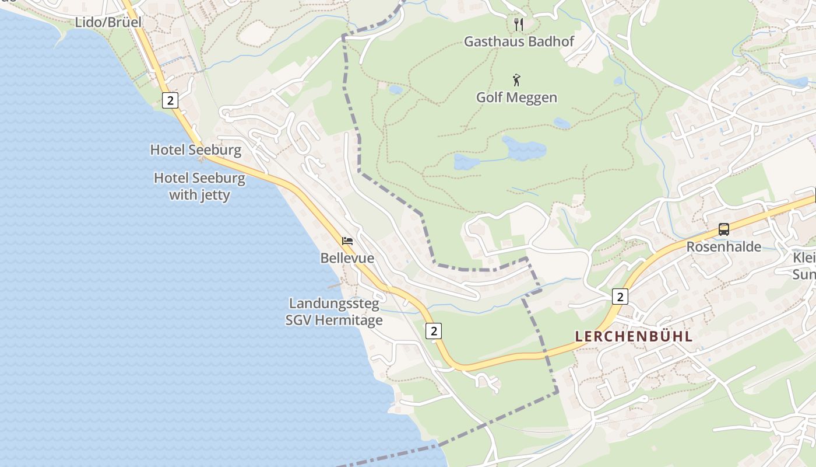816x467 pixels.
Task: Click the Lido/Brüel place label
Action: (108, 23)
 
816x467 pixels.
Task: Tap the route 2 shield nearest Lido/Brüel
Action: (170, 100)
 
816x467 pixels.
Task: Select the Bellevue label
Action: (347, 257)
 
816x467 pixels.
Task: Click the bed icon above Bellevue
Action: (347, 241)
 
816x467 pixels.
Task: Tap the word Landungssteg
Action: (334, 304)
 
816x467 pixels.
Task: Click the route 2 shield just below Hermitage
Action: (433, 331)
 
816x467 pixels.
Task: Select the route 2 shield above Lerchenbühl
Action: (620, 297)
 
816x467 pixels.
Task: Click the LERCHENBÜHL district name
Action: (634, 336)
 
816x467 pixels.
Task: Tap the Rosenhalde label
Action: (723, 246)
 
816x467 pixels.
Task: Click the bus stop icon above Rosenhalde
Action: (723, 229)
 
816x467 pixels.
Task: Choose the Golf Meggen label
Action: (516, 97)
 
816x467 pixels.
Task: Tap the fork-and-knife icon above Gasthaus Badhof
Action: (519, 24)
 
